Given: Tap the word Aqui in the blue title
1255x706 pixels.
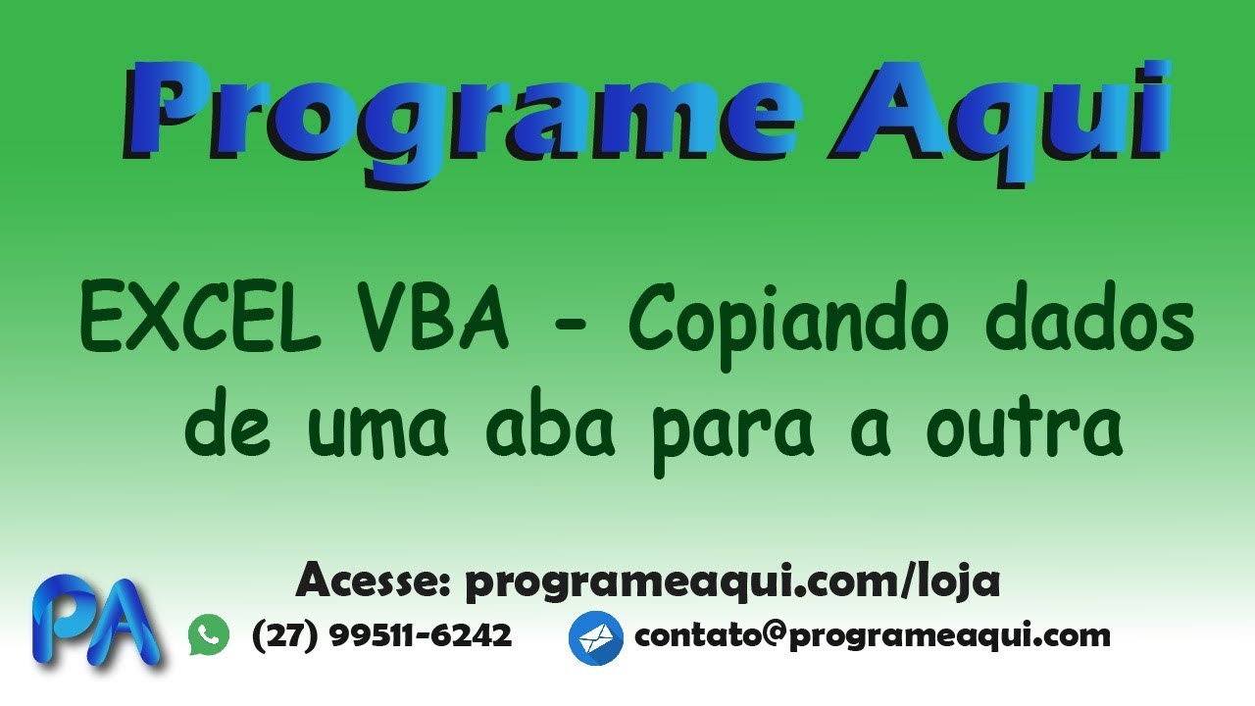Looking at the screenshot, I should click(x=1000, y=118).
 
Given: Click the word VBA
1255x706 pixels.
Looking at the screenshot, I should click(x=436, y=319).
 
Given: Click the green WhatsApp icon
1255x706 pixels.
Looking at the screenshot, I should click(x=209, y=635).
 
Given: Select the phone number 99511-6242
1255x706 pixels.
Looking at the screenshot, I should click(x=421, y=635).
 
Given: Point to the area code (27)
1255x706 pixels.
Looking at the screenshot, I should click(x=285, y=635).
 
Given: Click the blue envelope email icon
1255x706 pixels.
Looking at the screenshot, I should click(x=595, y=637).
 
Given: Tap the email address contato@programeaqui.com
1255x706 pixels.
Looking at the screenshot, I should click(x=873, y=635).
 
